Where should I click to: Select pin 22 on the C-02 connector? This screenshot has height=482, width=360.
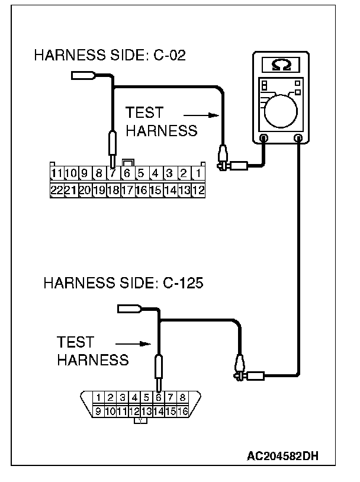tap(57, 190)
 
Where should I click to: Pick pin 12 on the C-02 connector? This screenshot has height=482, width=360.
tap(198, 190)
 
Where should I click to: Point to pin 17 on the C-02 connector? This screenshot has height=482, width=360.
tap(127, 190)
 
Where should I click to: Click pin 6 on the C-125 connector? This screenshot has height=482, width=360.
tap(159, 397)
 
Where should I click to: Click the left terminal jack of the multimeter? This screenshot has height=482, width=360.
tap(263, 138)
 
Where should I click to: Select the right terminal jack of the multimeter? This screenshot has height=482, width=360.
tap(298, 138)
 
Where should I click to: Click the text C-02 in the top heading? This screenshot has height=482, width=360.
tap(169, 56)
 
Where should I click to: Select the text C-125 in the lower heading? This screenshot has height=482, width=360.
tap(182, 283)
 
